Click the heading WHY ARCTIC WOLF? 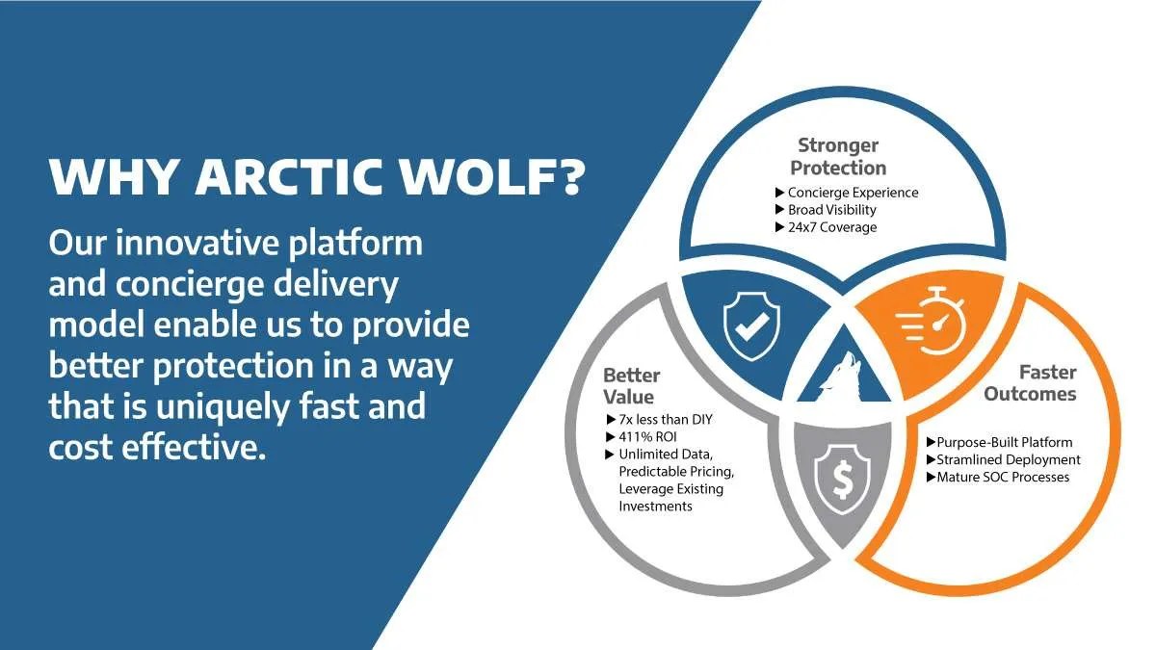click(x=316, y=179)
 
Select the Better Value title click(x=632, y=385)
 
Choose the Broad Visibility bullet click(x=831, y=210)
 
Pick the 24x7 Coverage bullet click(x=831, y=227)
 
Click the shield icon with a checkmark click(x=747, y=325)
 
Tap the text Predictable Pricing click(x=675, y=471)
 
